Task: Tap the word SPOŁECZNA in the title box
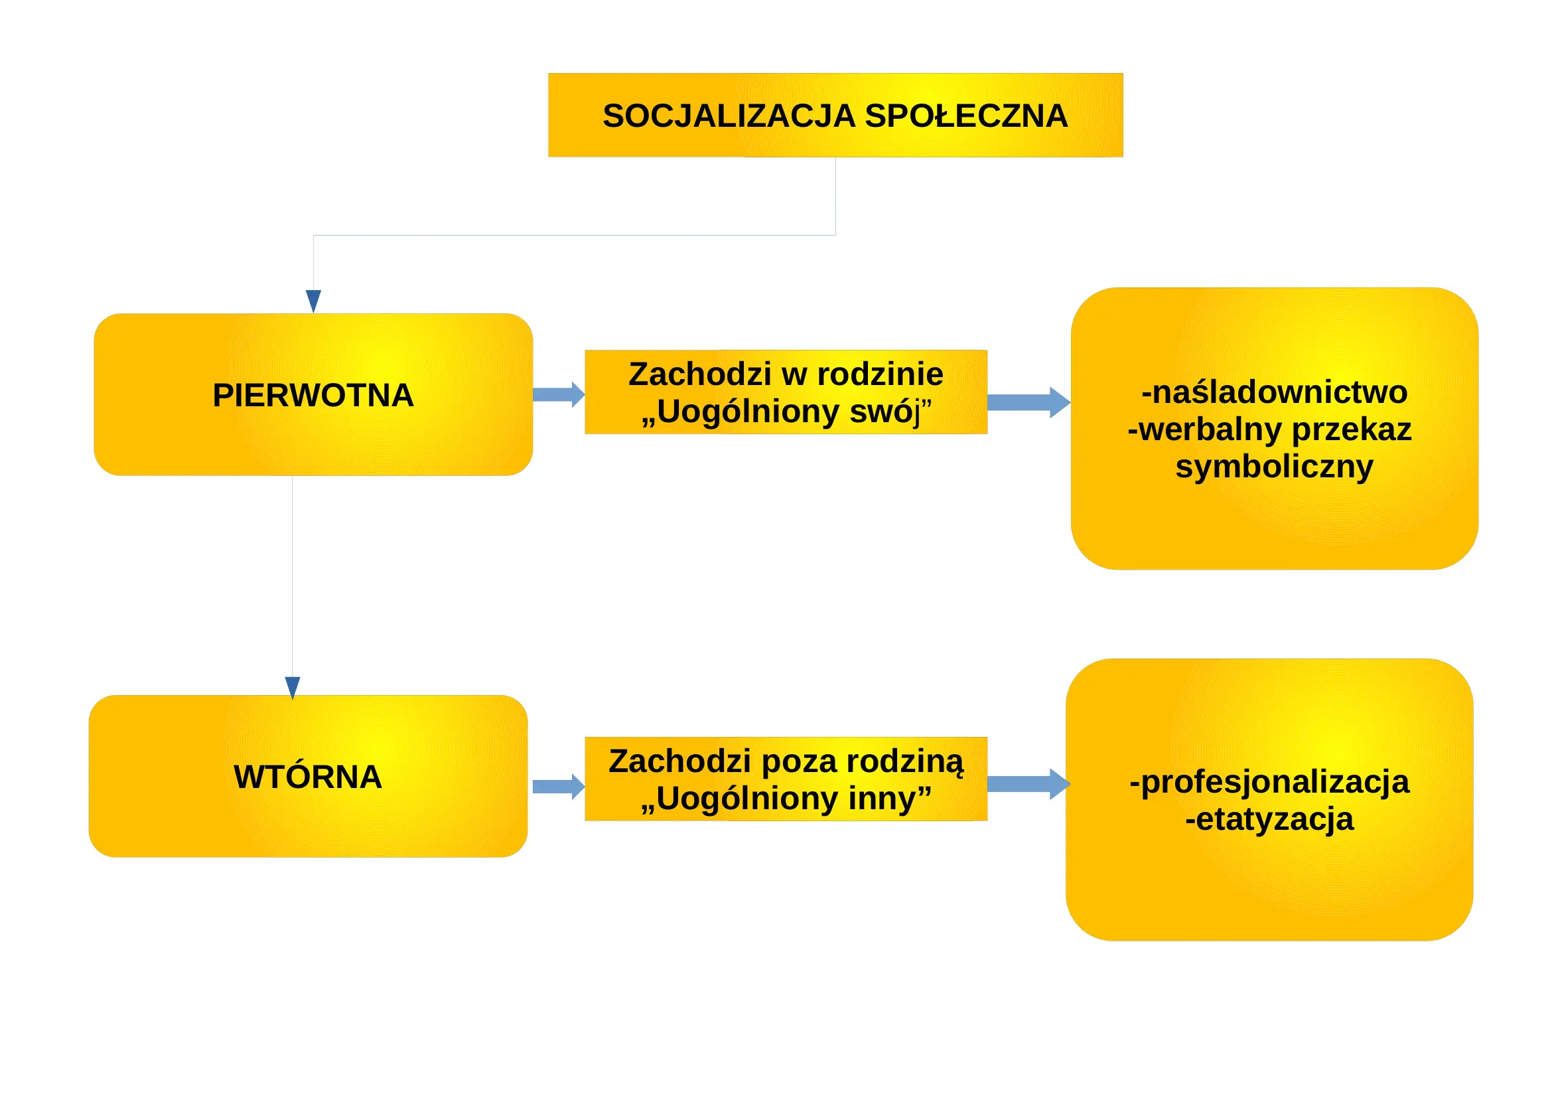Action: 967,116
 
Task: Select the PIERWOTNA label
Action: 313,396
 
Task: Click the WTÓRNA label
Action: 308,777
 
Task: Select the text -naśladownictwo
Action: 1274,393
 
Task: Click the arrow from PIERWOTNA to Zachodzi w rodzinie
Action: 559,395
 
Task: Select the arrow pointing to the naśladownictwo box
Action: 1029,403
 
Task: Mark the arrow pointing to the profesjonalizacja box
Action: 1029,784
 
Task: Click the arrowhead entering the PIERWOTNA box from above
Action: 314,301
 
